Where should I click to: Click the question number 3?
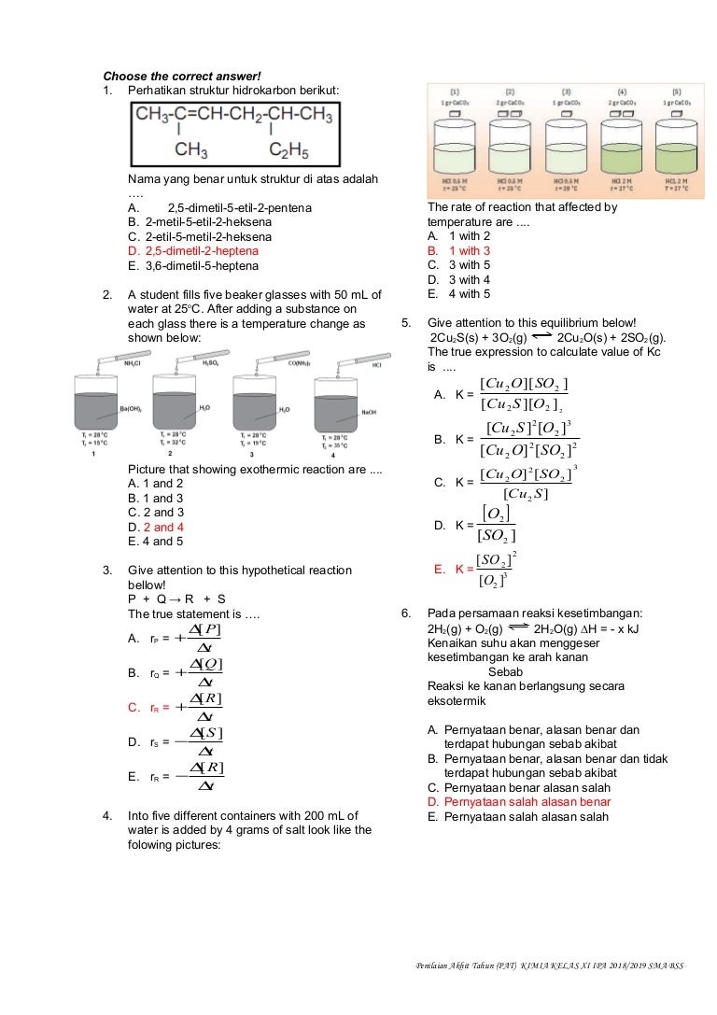click(x=107, y=571)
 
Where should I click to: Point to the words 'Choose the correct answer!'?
click(x=182, y=76)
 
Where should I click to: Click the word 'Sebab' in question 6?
click(x=505, y=671)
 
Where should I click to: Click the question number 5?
click(x=407, y=322)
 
